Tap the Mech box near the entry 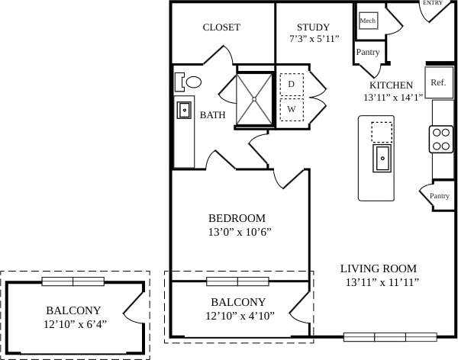368,21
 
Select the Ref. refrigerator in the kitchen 437,82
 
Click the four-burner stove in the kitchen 441,138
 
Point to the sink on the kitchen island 382,159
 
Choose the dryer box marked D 291,85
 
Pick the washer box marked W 291,109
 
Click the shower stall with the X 255,98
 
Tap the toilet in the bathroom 190,82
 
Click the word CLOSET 221,27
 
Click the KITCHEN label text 391,85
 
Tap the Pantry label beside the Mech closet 367,52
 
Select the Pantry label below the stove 439,196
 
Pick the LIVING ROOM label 379,268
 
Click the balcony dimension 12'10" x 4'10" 240,315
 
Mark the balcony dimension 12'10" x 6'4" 75,323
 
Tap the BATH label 212,115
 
